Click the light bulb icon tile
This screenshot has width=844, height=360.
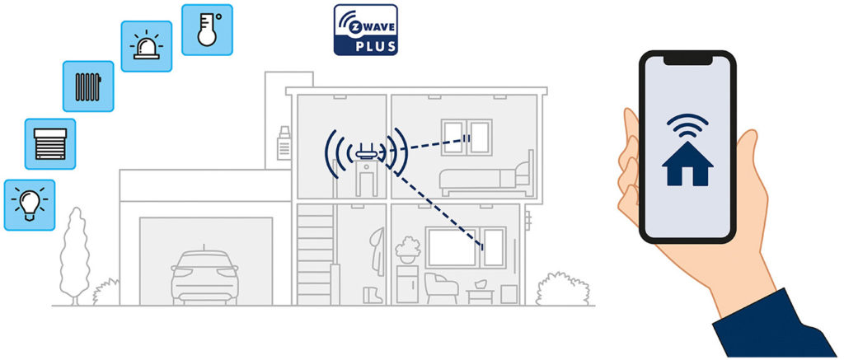(x=30, y=205)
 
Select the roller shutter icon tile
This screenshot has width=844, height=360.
(x=50, y=144)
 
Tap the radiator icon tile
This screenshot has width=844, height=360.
(x=88, y=86)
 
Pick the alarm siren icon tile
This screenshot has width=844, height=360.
(x=147, y=46)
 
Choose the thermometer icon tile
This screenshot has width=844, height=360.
(x=207, y=30)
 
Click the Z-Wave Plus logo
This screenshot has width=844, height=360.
(x=365, y=30)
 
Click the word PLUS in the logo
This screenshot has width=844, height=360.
(x=376, y=46)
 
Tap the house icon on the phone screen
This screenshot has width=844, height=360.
(x=687, y=164)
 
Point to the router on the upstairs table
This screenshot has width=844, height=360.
(x=366, y=152)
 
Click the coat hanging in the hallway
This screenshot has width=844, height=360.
(x=377, y=250)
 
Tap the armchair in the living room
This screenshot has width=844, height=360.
(x=442, y=288)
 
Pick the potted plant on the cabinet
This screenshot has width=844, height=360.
(x=408, y=250)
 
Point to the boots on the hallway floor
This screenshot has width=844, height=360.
(x=373, y=296)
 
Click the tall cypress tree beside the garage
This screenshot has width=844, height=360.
(x=74, y=256)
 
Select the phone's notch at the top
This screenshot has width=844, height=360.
(x=687, y=60)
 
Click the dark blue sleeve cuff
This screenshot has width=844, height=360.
(x=775, y=325)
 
